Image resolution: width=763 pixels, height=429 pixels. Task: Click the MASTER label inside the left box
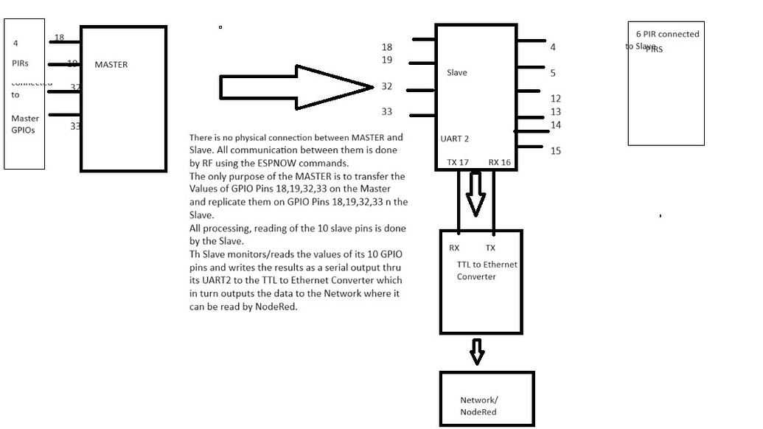[111, 65]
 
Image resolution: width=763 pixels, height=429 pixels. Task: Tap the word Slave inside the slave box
[457, 73]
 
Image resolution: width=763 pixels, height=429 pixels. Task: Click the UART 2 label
[455, 139]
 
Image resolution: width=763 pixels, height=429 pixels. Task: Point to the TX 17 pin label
[458, 162]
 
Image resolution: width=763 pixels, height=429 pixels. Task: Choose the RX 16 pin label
[500, 162]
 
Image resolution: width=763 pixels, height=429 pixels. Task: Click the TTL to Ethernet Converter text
[487, 271]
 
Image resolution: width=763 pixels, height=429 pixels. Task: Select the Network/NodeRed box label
[479, 406]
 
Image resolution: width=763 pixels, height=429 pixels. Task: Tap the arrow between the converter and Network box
[477, 352]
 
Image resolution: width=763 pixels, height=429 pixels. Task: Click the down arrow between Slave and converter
[475, 193]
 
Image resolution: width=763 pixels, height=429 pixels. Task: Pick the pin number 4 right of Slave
[553, 47]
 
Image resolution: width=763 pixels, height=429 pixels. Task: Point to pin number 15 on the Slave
[556, 151]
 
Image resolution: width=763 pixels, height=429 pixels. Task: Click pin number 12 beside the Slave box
[556, 99]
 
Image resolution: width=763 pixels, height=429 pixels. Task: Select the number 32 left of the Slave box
[387, 86]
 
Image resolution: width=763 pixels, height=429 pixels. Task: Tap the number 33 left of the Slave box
[387, 112]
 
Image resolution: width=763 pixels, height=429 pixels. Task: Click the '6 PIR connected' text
[668, 34]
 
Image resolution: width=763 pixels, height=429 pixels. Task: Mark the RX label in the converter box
[454, 248]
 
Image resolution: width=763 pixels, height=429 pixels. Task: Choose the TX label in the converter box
[490, 248]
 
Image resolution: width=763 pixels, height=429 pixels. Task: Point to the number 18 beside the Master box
[59, 38]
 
